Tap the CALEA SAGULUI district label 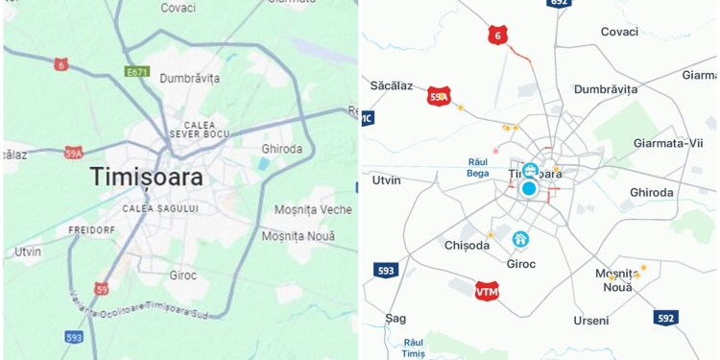pyautogui.click(x=160, y=208)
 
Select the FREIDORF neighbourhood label pyautogui.click(x=92, y=230)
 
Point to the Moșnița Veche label pyautogui.click(x=313, y=209)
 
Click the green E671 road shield pyautogui.click(x=137, y=71)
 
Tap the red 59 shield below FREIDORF pyautogui.click(x=102, y=288)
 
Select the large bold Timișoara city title pyautogui.click(x=147, y=177)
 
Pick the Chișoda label pyautogui.click(x=468, y=245)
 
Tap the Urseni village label pyautogui.click(x=591, y=320)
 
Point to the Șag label pyautogui.click(x=396, y=318)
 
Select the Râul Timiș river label pyautogui.click(x=414, y=348)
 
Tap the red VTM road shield pyautogui.click(x=488, y=291)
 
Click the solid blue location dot pyautogui.click(x=528, y=188)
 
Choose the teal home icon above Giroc pyautogui.click(x=520, y=239)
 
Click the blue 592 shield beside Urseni pyautogui.click(x=666, y=317)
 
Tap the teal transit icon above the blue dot pyautogui.click(x=530, y=170)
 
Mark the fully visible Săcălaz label pyautogui.click(x=392, y=85)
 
